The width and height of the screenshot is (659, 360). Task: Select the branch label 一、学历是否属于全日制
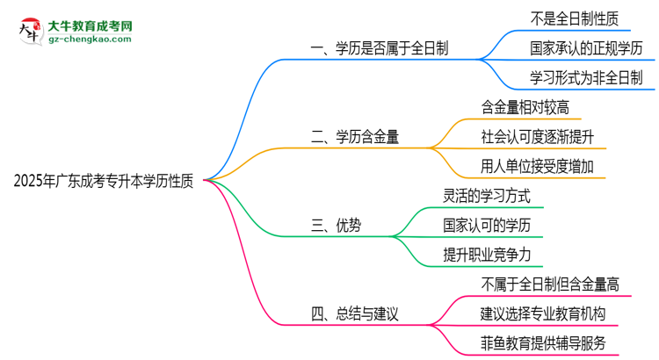click(x=380, y=49)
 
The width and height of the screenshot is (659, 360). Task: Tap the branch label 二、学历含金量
click(x=357, y=138)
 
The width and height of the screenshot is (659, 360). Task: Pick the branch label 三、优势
click(x=337, y=226)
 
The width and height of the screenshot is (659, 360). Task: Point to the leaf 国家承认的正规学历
click(x=587, y=47)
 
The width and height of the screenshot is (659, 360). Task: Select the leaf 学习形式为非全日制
click(x=587, y=77)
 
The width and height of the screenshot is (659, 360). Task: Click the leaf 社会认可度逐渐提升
click(x=538, y=137)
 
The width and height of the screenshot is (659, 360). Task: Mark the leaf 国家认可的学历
click(x=487, y=225)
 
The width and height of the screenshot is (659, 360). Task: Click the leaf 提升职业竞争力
click(x=487, y=255)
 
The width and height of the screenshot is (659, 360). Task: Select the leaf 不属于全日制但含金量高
click(x=550, y=284)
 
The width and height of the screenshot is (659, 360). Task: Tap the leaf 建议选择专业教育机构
click(x=543, y=313)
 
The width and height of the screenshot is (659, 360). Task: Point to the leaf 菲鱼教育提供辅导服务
click(x=543, y=342)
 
